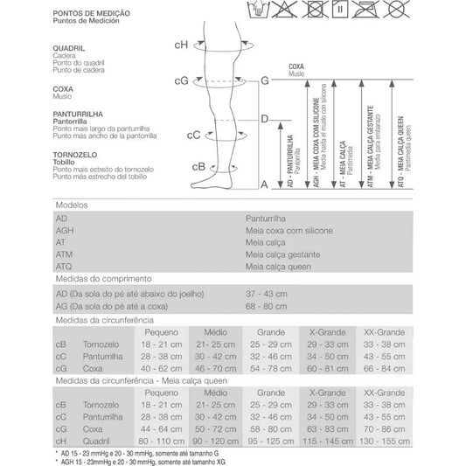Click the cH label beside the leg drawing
[180, 45]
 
